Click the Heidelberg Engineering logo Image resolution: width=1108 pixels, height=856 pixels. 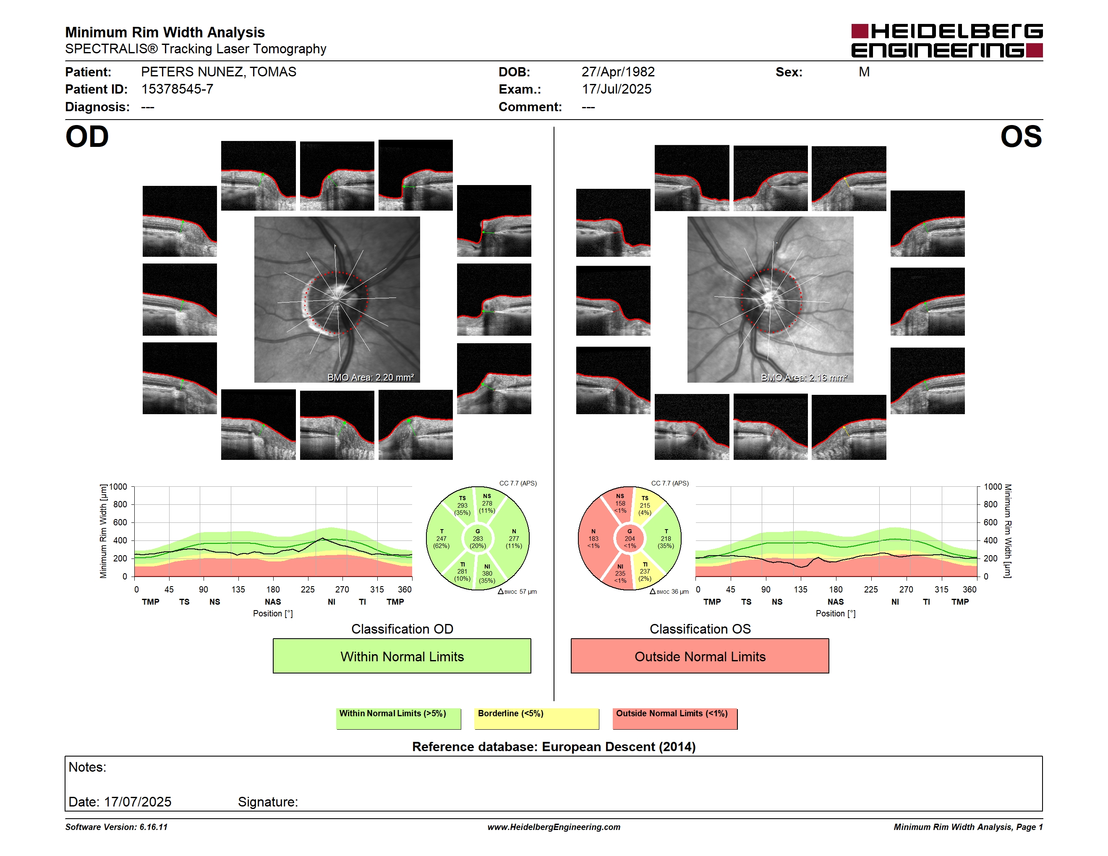coord(947,41)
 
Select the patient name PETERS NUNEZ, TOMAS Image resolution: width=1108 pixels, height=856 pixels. coord(219,72)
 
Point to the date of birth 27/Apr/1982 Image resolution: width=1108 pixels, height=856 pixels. coord(618,72)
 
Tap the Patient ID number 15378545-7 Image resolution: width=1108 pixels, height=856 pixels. coord(177,89)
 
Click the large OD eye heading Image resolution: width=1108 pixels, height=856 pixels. coord(87,137)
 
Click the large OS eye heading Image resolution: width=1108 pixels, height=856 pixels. coord(1021,137)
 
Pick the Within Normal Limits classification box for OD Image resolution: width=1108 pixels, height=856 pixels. coord(402,656)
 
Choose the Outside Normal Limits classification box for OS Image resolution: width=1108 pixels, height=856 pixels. coord(700,656)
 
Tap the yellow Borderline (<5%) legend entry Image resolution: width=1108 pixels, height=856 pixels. coord(536,718)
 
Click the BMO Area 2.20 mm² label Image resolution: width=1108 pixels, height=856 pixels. coord(370,377)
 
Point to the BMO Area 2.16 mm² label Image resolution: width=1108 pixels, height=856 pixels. coord(804,377)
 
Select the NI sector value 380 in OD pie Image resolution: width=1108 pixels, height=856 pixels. coord(487,574)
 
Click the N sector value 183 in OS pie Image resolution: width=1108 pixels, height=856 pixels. coord(593,538)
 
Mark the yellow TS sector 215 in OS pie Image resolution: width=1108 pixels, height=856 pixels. coord(645,506)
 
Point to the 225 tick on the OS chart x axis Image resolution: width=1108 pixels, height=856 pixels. coord(870,589)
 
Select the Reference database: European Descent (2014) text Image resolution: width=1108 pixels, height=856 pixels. coord(554,746)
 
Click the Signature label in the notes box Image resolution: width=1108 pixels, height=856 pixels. coord(268,802)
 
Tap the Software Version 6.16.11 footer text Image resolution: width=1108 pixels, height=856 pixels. coord(116,827)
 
